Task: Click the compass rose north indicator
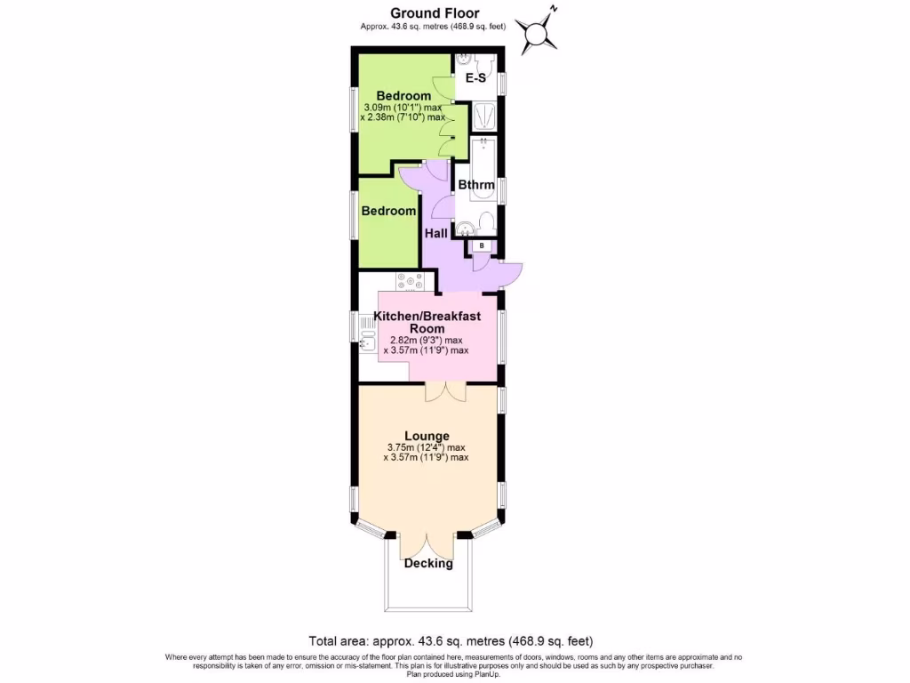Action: pos(539,33)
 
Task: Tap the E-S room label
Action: pos(476,78)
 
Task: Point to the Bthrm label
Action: pos(475,185)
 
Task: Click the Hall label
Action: pos(436,233)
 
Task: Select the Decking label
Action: pos(428,564)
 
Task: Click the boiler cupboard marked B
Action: pos(482,245)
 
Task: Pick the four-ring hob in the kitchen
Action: pos(412,282)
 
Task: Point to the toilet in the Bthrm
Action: pos(486,222)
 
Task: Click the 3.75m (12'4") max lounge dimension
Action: pos(427,447)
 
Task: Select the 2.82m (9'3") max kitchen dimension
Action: pos(427,340)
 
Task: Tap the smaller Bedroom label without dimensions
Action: pos(388,212)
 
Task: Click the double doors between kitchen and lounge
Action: pos(443,391)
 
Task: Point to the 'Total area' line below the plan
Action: pos(451,641)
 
